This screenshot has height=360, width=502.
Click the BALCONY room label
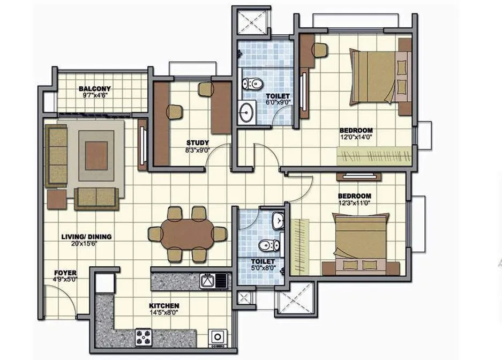pos(95,89)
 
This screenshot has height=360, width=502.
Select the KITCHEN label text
pos(163,306)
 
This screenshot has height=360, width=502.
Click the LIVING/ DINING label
pos(86,236)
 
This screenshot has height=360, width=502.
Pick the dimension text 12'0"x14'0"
pos(356,138)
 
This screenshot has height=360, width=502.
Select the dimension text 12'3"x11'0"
pos(354,203)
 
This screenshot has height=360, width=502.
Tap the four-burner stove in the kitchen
pos(144,337)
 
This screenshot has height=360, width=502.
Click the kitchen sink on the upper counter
pos(207,280)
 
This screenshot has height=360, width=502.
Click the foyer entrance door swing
pos(67,300)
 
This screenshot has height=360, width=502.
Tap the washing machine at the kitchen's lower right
pos(218,337)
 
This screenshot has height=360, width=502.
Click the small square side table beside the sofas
pos(57,199)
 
